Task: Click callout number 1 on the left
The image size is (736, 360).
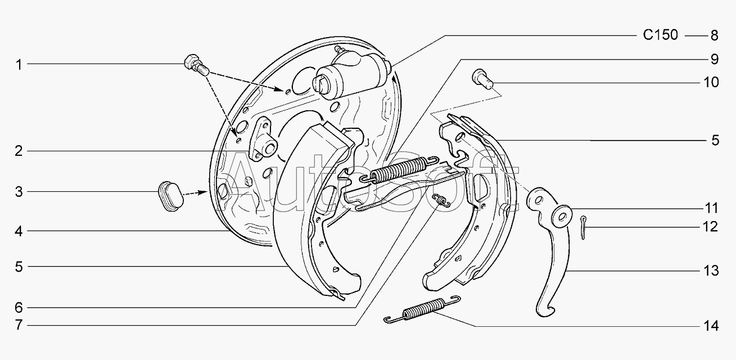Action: pos(19,65)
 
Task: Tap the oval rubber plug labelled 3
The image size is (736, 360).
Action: pos(170,196)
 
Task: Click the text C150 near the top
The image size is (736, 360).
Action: pos(660,35)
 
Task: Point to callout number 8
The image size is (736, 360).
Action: pos(714,35)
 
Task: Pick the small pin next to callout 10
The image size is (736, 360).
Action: pos(482,79)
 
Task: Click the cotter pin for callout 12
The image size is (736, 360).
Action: pos(583,227)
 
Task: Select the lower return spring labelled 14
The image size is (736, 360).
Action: pos(422,309)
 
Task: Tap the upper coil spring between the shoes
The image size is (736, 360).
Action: pos(399,170)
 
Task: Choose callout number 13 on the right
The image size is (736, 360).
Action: pos(711,271)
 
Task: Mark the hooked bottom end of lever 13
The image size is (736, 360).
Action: pos(545,310)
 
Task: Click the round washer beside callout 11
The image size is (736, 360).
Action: pos(562,217)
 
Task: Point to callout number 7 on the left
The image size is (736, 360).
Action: pos(19,325)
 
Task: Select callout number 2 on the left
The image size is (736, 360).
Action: pos(19,151)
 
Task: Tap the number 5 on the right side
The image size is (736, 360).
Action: pos(715,141)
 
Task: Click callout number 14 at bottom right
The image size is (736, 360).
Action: pos(711,326)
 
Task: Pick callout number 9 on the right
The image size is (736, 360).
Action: pos(714,59)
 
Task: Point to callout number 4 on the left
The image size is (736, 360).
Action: pos(19,231)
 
